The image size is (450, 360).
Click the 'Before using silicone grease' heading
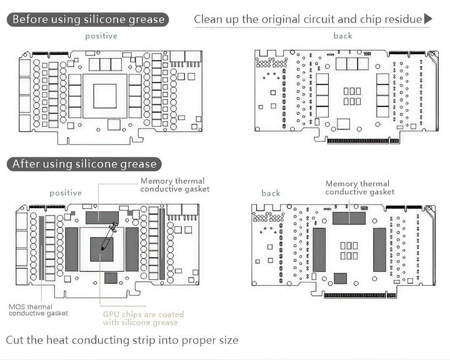87,19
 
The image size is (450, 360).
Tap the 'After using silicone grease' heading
84,164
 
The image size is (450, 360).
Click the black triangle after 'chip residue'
428,19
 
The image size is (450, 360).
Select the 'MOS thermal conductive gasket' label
39,310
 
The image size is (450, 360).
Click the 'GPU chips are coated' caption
144,314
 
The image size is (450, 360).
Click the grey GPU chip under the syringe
102,249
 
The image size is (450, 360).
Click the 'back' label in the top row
342,36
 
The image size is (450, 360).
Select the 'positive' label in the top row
101,36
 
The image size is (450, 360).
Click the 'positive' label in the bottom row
66,193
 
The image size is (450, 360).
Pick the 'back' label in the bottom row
271,193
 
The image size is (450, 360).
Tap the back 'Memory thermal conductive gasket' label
360,187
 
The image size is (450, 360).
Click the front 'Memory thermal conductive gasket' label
175,185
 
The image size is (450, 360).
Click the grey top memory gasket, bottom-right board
349,218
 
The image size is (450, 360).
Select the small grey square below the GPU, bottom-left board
111,278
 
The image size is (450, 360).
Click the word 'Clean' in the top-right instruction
208,19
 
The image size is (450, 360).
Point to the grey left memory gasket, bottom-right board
319,250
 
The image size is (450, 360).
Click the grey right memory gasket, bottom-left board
132,249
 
